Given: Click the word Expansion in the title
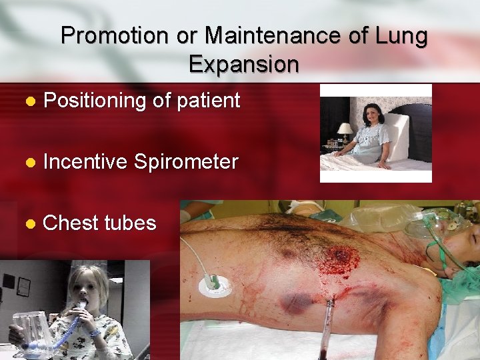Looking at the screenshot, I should (x=243, y=64).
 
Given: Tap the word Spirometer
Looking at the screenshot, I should (x=186, y=161).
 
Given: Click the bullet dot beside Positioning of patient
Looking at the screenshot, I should (x=29, y=102).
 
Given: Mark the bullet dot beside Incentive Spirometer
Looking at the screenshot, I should (x=29, y=162).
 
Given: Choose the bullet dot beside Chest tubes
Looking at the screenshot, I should (x=29, y=223).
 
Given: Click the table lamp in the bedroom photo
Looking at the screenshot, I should (x=344, y=131).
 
